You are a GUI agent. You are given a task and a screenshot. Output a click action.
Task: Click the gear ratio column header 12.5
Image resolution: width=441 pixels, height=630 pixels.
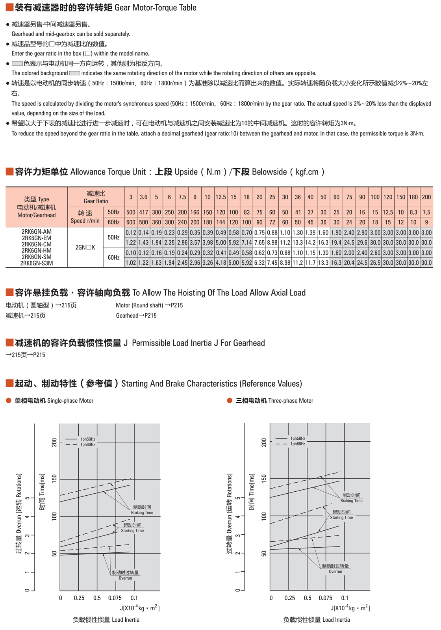(x=220, y=197)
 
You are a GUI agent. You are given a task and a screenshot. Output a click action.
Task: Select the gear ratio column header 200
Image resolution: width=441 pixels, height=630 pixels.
(x=426, y=197)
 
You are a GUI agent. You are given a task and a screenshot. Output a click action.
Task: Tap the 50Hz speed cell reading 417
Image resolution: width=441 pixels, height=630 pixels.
(x=144, y=212)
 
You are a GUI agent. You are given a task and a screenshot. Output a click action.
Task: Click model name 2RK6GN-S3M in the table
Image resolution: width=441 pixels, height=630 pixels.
(x=37, y=263)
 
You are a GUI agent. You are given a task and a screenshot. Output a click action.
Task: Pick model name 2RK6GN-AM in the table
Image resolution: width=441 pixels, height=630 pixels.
(x=37, y=232)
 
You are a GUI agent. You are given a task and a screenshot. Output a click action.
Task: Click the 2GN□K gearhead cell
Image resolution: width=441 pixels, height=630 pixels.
(x=85, y=247)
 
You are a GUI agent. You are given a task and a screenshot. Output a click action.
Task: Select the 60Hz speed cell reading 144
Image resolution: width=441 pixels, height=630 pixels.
(x=220, y=222)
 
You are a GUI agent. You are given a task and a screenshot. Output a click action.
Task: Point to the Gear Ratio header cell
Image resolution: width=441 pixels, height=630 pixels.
(x=96, y=197)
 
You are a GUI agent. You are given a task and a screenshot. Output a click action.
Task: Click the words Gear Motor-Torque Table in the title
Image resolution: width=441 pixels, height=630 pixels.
(x=155, y=7)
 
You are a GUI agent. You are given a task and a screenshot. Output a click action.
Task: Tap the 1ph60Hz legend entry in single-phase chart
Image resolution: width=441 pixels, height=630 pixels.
(x=87, y=444)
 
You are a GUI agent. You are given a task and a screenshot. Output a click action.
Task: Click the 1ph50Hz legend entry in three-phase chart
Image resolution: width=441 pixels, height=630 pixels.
(x=298, y=438)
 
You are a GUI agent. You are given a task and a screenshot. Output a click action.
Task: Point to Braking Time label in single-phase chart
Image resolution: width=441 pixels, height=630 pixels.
(x=142, y=513)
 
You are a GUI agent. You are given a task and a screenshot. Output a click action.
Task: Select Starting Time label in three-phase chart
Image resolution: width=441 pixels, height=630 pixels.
(x=341, y=517)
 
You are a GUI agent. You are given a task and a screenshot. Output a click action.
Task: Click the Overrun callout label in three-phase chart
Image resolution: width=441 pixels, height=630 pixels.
(x=335, y=571)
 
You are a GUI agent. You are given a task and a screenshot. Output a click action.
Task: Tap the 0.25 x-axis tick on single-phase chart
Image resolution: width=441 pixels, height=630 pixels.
(x=79, y=598)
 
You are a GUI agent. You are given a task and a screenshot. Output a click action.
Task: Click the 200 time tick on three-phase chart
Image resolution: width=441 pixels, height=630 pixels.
(x=264, y=442)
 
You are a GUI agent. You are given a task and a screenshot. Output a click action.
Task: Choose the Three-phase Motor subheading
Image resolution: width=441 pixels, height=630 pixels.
(x=291, y=401)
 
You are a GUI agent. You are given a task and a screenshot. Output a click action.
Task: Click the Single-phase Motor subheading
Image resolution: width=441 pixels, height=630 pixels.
(x=70, y=401)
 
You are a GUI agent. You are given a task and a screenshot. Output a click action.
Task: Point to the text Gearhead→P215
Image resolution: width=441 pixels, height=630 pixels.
(x=136, y=316)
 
